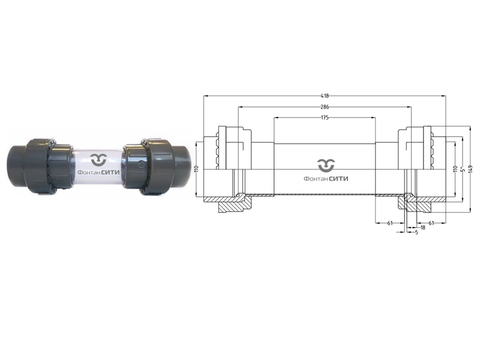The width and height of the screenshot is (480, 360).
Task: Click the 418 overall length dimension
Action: tap(325, 96)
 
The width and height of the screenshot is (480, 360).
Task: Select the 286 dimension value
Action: tap(325, 107)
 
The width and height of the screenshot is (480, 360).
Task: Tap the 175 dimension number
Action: tap(325, 118)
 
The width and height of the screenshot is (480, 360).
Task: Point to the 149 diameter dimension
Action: tap(470, 169)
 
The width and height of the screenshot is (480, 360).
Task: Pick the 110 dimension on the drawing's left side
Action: tap(197, 169)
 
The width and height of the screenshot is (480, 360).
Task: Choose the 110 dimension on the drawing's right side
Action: tap(455, 169)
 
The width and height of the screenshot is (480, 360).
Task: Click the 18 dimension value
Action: tap(423, 227)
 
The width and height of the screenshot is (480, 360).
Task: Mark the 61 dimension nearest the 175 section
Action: tap(389, 223)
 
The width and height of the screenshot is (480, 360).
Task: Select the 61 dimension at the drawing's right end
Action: tap(431, 223)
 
